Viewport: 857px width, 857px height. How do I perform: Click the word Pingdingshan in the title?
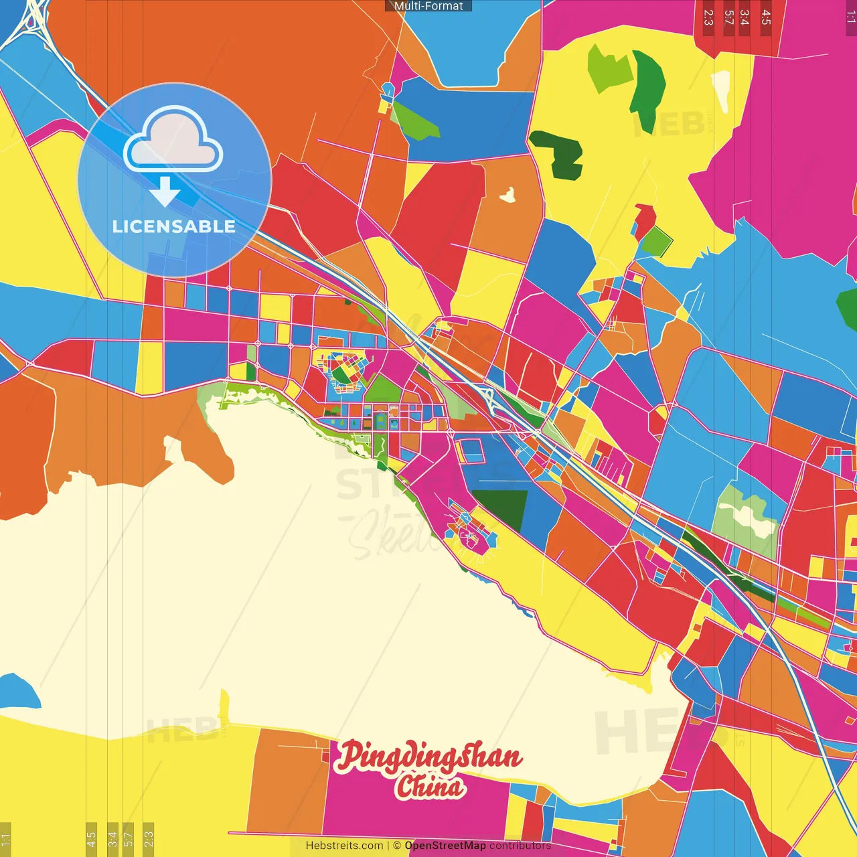pos(428,757)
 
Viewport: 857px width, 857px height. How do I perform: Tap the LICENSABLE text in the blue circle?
pos(174,226)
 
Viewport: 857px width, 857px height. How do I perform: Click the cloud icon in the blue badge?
pos(173,139)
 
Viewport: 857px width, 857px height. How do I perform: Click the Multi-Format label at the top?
pos(428,6)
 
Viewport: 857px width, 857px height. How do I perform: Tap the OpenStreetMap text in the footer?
pos(445,846)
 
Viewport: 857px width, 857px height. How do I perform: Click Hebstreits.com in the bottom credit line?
pos(344,846)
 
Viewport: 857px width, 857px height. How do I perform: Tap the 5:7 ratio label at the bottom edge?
pos(129,838)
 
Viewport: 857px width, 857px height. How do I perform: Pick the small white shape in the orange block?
pos(508,195)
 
